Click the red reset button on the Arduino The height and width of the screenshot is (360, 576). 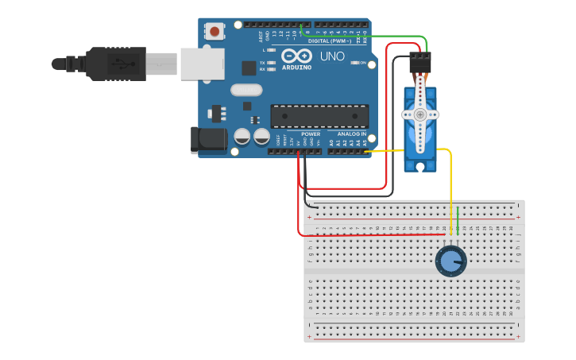click(x=215, y=32)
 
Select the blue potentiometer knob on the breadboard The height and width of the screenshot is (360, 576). click(x=450, y=261)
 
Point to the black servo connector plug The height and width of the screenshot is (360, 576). click(x=419, y=62)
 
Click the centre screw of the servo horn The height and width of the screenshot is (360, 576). click(x=419, y=114)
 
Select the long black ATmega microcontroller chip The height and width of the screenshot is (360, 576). click(x=319, y=116)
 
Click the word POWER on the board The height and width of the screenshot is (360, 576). click(x=311, y=134)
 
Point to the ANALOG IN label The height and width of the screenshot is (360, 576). click(x=352, y=134)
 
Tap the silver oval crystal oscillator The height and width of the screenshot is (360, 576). click(x=246, y=90)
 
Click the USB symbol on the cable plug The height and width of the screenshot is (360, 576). click(x=122, y=63)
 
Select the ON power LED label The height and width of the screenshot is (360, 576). click(x=363, y=63)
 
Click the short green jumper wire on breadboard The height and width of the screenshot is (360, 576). click(x=458, y=220)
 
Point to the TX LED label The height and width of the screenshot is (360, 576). click(x=262, y=62)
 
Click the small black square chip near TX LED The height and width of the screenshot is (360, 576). click(x=249, y=68)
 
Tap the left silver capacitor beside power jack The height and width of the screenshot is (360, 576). click(x=242, y=137)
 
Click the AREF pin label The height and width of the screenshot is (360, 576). click(x=261, y=36)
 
